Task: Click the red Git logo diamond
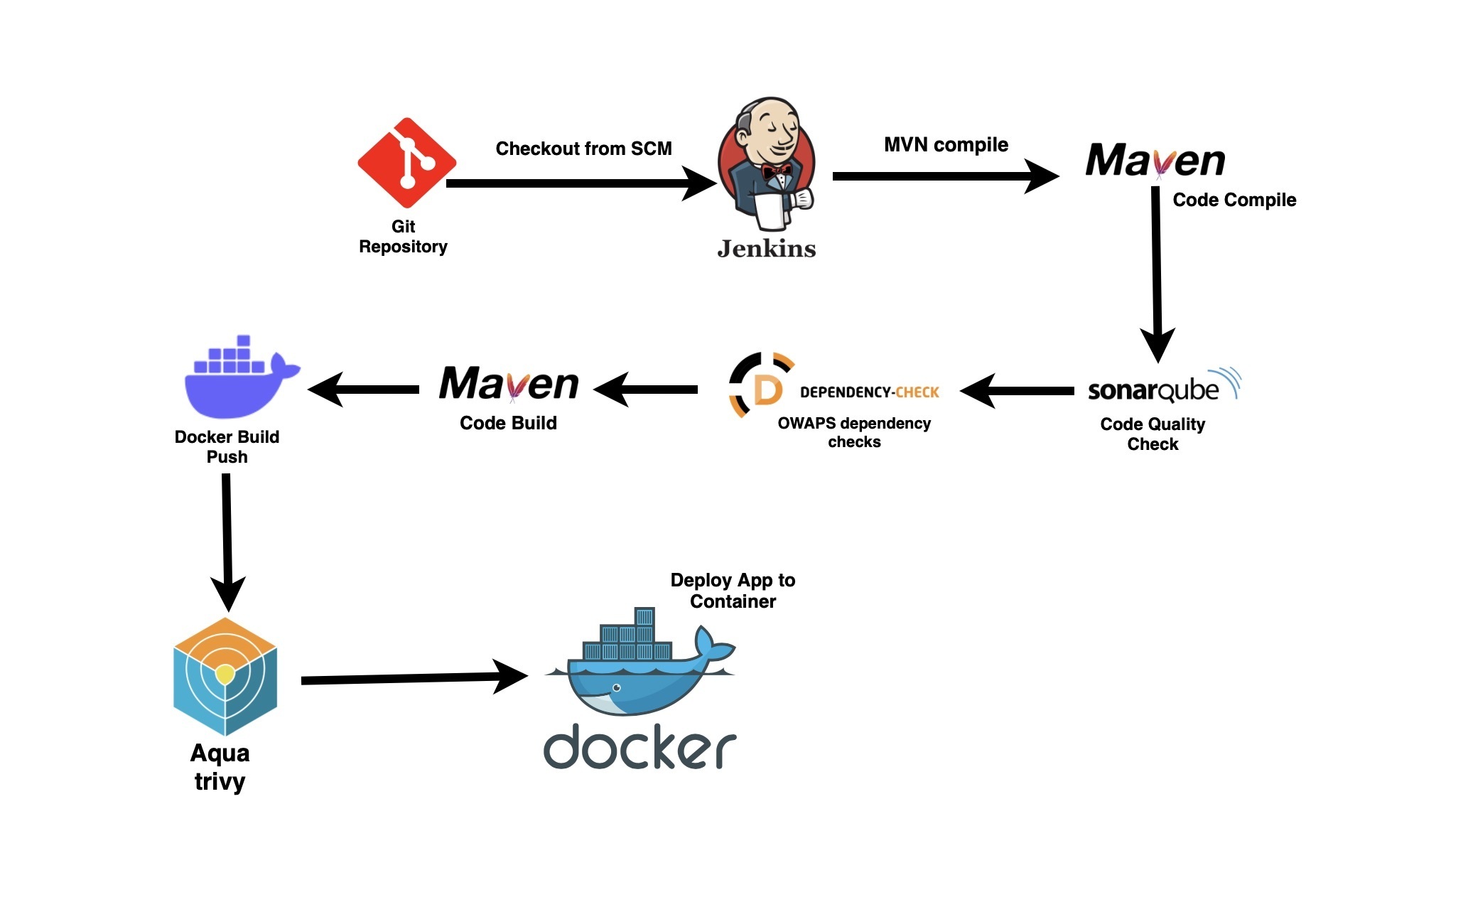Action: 406,163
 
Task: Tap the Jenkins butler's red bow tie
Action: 777,171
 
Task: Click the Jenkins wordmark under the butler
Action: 767,249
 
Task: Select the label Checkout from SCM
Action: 583,149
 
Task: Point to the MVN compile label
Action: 946,145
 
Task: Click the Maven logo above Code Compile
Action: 1155,161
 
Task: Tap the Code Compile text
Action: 1234,200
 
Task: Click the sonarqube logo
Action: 1162,388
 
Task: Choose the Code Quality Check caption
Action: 1153,434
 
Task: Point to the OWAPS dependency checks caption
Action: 854,432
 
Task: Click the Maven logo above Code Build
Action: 509,385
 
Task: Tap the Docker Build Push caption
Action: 227,447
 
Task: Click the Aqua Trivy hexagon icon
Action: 225,676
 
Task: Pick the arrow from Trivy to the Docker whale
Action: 412,679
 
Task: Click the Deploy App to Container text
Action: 733,591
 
